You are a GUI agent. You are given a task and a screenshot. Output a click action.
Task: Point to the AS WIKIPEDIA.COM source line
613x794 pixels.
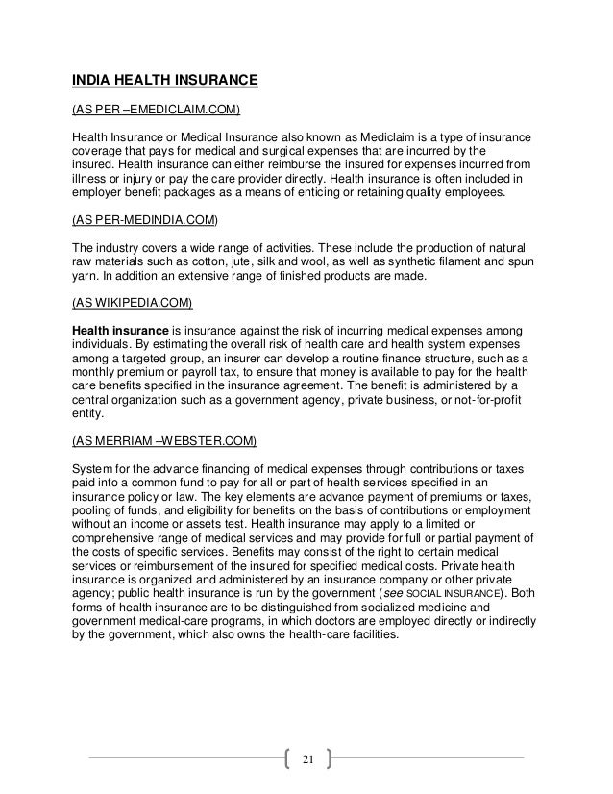pyautogui.click(x=134, y=304)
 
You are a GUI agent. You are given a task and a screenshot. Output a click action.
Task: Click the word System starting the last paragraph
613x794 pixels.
pyautogui.click(x=96, y=470)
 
